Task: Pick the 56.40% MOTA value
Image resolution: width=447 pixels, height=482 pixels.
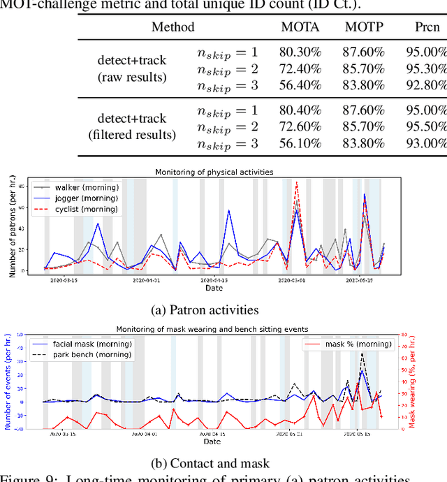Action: pyautogui.click(x=298, y=85)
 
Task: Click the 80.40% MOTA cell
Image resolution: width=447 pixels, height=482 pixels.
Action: pyautogui.click(x=298, y=110)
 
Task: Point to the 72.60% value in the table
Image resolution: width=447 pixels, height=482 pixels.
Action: pyautogui.click(x=298, y=126)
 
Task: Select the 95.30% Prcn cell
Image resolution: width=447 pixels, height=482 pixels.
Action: pyautogui.click(x=426, y=69)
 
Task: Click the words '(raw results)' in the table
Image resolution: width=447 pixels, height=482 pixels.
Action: pyautogui.click(x=132, y=76)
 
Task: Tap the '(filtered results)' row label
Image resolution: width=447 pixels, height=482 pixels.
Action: pyautogui.click(x=132, y=135)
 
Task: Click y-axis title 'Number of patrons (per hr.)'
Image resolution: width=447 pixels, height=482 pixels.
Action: pyautogui.click(x=13, y=228)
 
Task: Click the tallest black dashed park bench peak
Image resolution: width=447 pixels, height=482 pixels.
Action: pyautogui.click(x=362, y=353)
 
